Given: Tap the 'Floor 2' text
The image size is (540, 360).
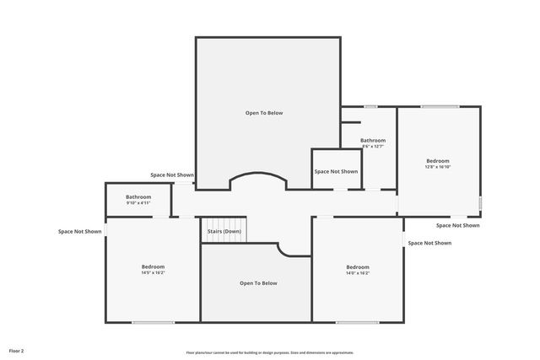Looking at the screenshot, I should pos(17,350).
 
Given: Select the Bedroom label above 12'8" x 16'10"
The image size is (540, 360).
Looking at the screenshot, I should pos(438,160).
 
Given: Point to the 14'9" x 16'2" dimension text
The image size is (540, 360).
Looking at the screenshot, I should pos(154,273).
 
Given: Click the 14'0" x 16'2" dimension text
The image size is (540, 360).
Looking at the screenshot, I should pos(358,273).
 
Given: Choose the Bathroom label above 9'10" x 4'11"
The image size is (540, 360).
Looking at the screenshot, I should pos(138,196).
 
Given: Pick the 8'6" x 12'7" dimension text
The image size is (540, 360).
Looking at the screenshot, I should pos(373,147).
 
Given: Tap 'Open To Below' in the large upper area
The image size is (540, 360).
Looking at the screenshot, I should pos(264,112).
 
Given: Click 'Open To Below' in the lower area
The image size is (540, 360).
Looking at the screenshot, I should pos(258,283).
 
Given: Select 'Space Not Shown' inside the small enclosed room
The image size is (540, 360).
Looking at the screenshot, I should pos(336,171).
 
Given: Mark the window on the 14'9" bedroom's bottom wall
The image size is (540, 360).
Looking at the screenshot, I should pos(154,322).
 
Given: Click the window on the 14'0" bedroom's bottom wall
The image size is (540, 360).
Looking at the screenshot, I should pos(358,322).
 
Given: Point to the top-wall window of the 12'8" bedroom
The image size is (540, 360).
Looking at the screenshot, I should pos(440,106).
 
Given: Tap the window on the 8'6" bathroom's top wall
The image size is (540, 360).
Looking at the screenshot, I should pos(370,106).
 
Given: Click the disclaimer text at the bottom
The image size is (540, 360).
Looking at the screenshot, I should pos(270,352).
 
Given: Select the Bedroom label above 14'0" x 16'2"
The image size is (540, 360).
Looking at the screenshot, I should pos(358,266).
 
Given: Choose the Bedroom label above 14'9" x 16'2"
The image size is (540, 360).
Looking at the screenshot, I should pos(154,266).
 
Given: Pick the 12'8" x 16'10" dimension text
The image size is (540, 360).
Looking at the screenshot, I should pos(438,167).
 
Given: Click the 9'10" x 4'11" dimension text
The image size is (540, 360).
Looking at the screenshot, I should pos(138,203).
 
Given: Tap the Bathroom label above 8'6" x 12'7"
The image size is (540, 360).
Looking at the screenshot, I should pos(373,140).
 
